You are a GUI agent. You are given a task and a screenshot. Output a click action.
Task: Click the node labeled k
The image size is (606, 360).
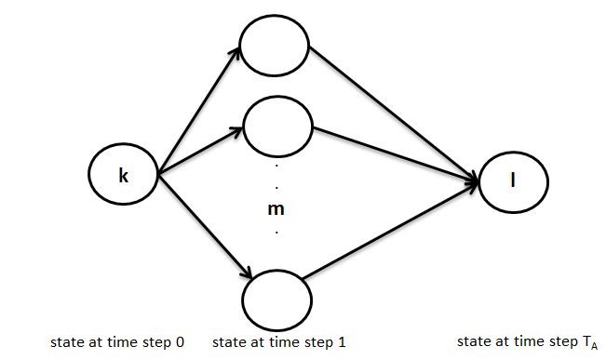click(x=123, y=173)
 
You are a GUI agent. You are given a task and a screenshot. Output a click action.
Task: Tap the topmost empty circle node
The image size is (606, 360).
click(x=274, y=43)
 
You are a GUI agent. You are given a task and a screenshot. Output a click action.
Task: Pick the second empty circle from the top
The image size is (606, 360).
click(x=276, y=125)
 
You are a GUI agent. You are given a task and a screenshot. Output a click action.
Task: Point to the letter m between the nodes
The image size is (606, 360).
click(x=276, y=209)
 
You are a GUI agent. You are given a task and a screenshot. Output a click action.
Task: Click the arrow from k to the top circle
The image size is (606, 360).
click(x=201, y=111)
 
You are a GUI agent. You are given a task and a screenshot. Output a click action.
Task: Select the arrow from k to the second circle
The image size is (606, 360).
click(x=201, y=152)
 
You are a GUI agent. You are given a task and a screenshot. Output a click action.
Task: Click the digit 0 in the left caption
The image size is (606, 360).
click(x=179, y=343)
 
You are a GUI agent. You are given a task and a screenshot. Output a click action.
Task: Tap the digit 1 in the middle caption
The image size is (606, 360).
click(x=342, y=343)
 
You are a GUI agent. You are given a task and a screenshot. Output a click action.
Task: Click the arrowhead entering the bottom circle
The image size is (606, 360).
click(x=248, y=273)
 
